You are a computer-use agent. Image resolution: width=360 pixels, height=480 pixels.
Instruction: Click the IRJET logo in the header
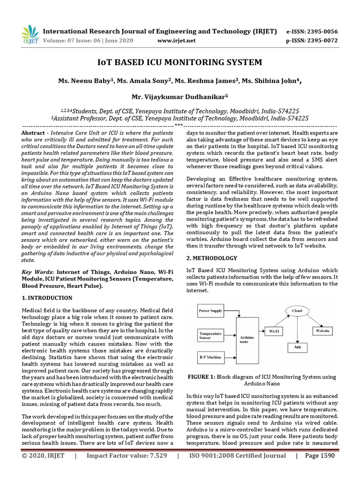[30, 34]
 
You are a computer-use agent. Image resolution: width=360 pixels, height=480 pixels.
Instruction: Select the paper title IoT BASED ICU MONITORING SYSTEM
[180, 62]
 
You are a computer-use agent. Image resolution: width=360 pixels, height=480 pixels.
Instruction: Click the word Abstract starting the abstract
[33, 133]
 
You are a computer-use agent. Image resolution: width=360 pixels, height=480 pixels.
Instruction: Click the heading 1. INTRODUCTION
[47, 298]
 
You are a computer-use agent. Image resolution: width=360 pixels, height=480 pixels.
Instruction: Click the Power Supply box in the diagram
[211, 311]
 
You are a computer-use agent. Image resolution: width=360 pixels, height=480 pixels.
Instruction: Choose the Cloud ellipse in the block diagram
[298, 311]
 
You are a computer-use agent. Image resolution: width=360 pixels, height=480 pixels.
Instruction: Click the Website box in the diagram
[323, 331]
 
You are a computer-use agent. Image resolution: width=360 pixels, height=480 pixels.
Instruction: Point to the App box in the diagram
[297, 347]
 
